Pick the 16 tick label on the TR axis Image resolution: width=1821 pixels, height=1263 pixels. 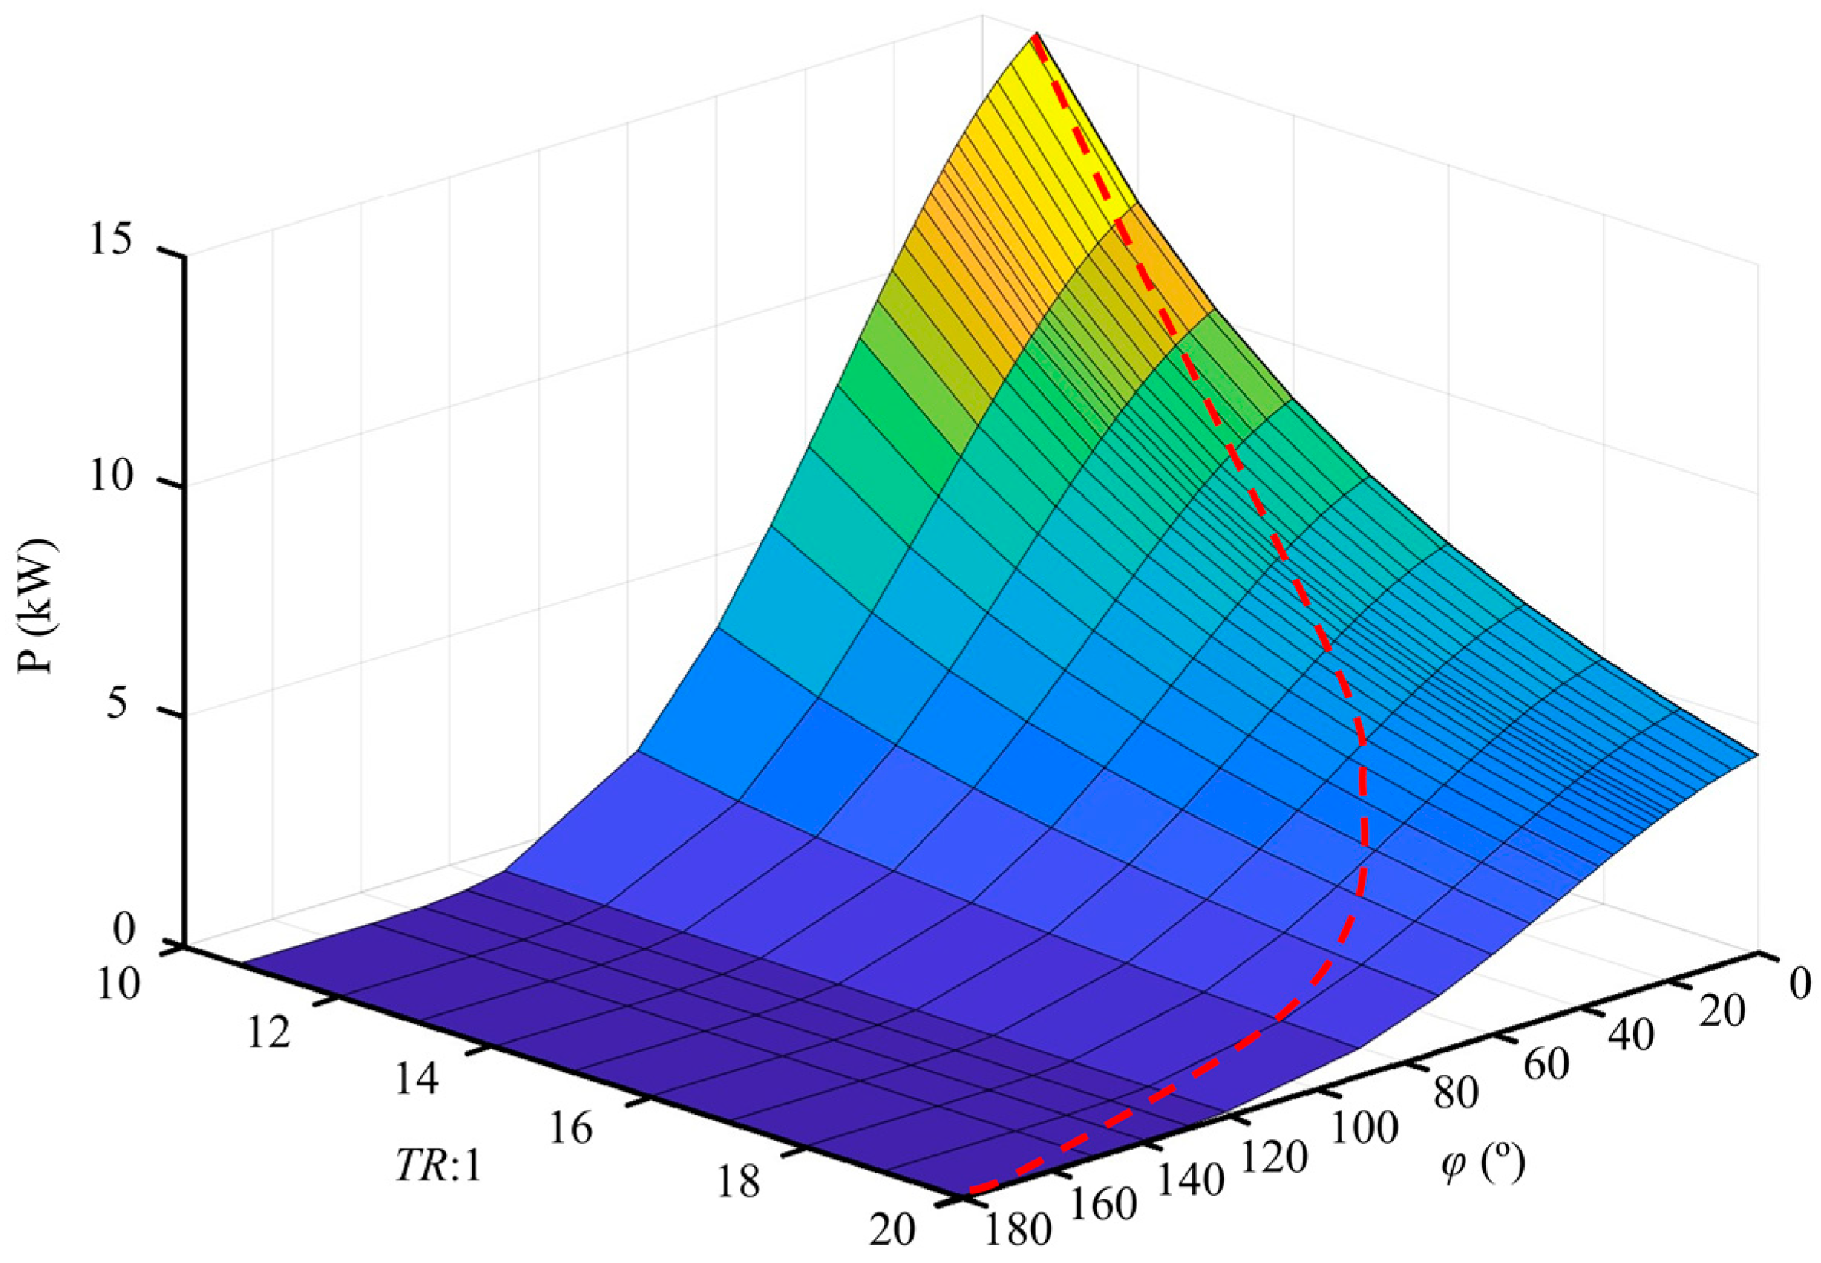pos(570,1128)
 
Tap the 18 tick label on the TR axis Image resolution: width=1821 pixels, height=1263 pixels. pos(738,1183)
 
